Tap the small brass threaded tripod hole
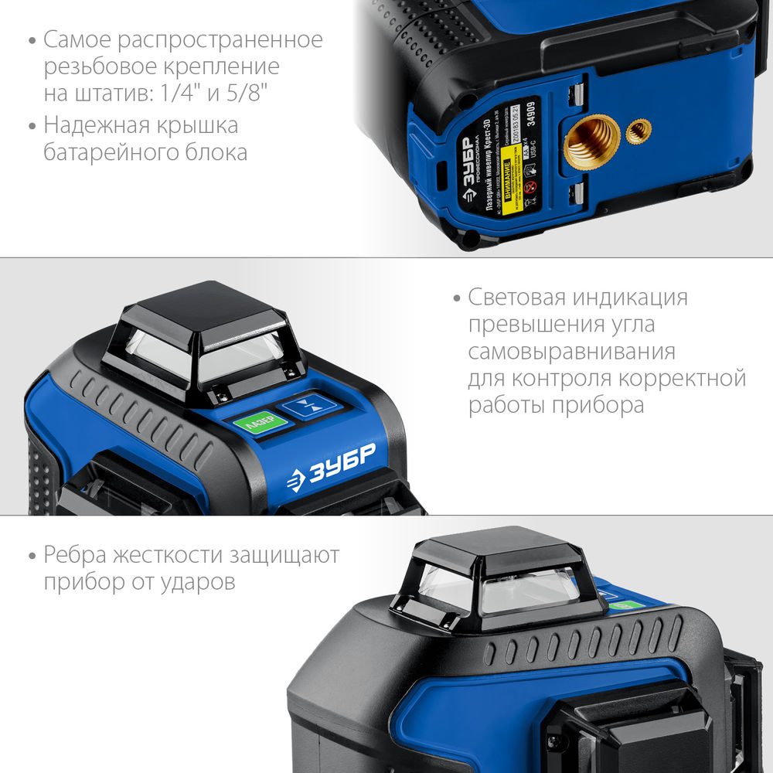pyautogui.click(x=638, y=131)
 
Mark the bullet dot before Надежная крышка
pyautogui.click(x=31, y=125)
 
